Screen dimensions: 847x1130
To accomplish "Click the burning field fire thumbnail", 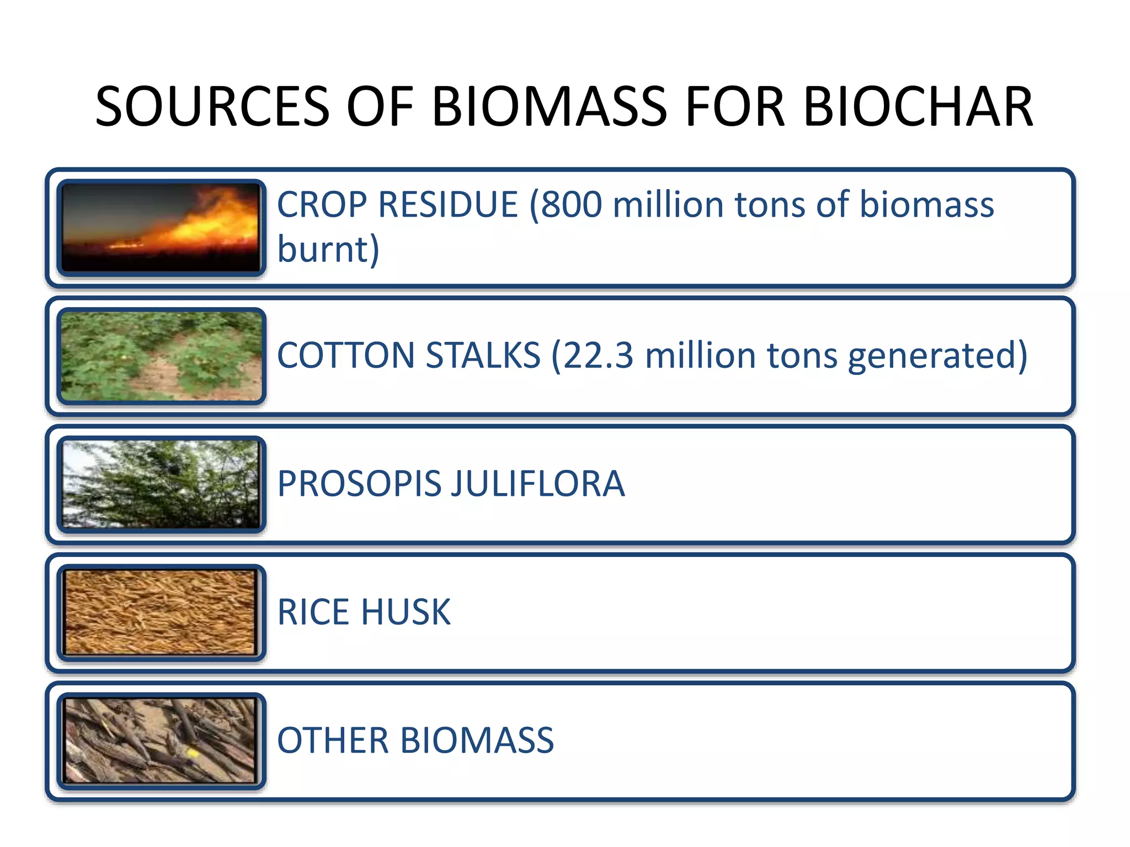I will pyautogui.click(x=161, y=228).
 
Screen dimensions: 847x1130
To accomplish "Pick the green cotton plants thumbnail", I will pyautogui.click(x=161, y=356).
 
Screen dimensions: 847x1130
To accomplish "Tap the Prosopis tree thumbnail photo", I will pyautogui.click(x=161, y=484).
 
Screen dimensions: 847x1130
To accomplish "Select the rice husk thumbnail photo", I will pyautogui.click(x=161, y=613).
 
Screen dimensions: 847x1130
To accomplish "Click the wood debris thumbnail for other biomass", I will pyautogui.click(x=161, y=741).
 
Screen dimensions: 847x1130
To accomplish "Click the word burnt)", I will pyautogui.click(x=328, y=250).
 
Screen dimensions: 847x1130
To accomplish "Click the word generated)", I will pyautogui.click(x=937, y=356).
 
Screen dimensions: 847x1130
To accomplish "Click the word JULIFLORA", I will pyautogui.click(x=538, y=484).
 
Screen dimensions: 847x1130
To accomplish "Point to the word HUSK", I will pyautogui.click(x=406, y=612).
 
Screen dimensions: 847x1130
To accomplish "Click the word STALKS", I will pyautogui.click(x=483, y=355).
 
